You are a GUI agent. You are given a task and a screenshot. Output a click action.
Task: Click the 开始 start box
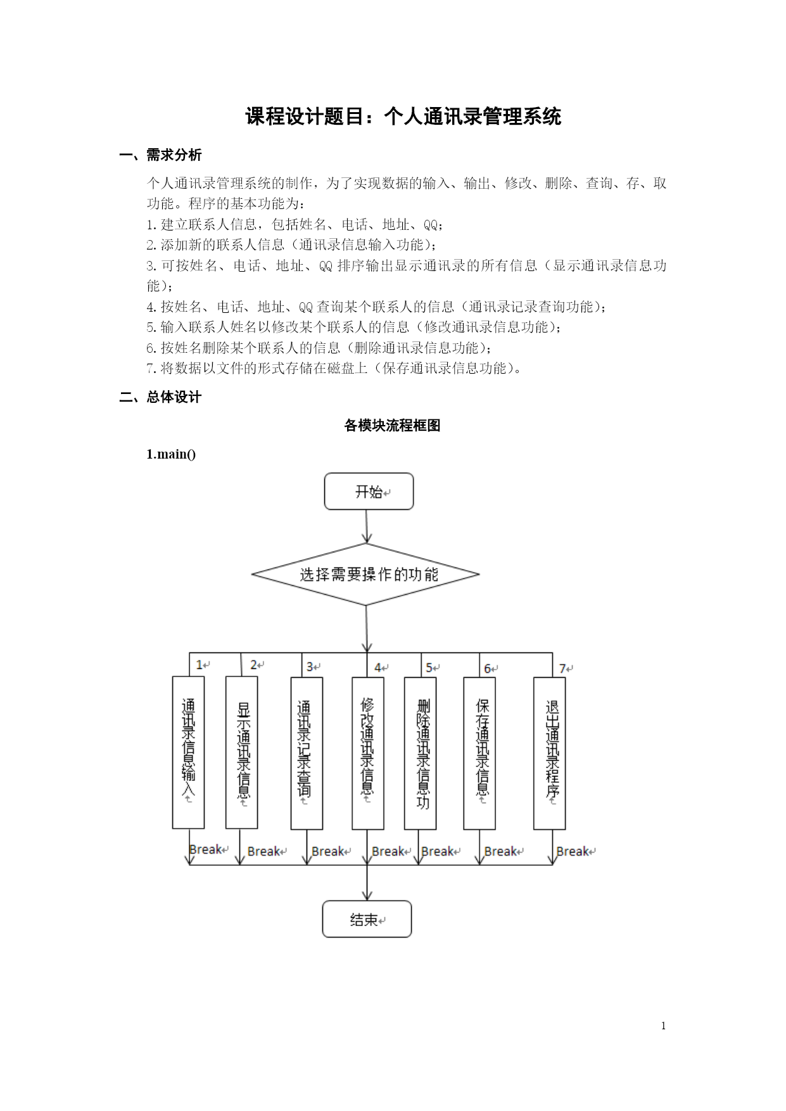[369, 492]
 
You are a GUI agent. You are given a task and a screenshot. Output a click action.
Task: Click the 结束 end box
[367, 919]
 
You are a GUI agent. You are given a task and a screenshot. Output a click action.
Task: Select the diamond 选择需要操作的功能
[365, 575]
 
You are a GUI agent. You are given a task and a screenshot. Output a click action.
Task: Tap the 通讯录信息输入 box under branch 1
[188, 752]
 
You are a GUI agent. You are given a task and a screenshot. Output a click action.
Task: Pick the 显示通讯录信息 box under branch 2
[241, 752]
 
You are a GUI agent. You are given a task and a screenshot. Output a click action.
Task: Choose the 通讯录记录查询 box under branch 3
[307, 753]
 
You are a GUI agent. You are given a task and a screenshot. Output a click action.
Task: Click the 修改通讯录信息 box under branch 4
[368, 753]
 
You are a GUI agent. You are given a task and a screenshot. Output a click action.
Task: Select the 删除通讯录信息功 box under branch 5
[420, 753]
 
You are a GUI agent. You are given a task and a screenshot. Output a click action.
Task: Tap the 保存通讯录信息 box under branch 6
[479, 753]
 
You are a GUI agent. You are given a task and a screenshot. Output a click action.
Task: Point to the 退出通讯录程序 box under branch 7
[549, 753]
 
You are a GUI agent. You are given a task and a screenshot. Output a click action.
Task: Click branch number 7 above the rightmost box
[563, 668]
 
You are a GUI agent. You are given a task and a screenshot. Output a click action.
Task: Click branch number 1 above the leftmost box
[200, 664]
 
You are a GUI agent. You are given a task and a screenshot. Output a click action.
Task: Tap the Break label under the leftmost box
[206, 849]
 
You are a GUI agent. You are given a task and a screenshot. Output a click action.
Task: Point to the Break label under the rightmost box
[573, 851]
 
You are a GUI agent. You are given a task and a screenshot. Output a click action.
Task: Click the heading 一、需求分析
[161, 155]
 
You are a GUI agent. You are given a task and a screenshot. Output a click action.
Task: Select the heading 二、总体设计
[161, 397]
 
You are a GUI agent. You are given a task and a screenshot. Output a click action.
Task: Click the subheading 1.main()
[171, 454]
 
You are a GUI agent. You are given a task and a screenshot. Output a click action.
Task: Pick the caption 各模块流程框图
[392, 426]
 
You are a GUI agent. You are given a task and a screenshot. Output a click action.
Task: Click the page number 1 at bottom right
[663, 1026]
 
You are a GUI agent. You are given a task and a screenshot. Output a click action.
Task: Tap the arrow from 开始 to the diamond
[367, 526]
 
